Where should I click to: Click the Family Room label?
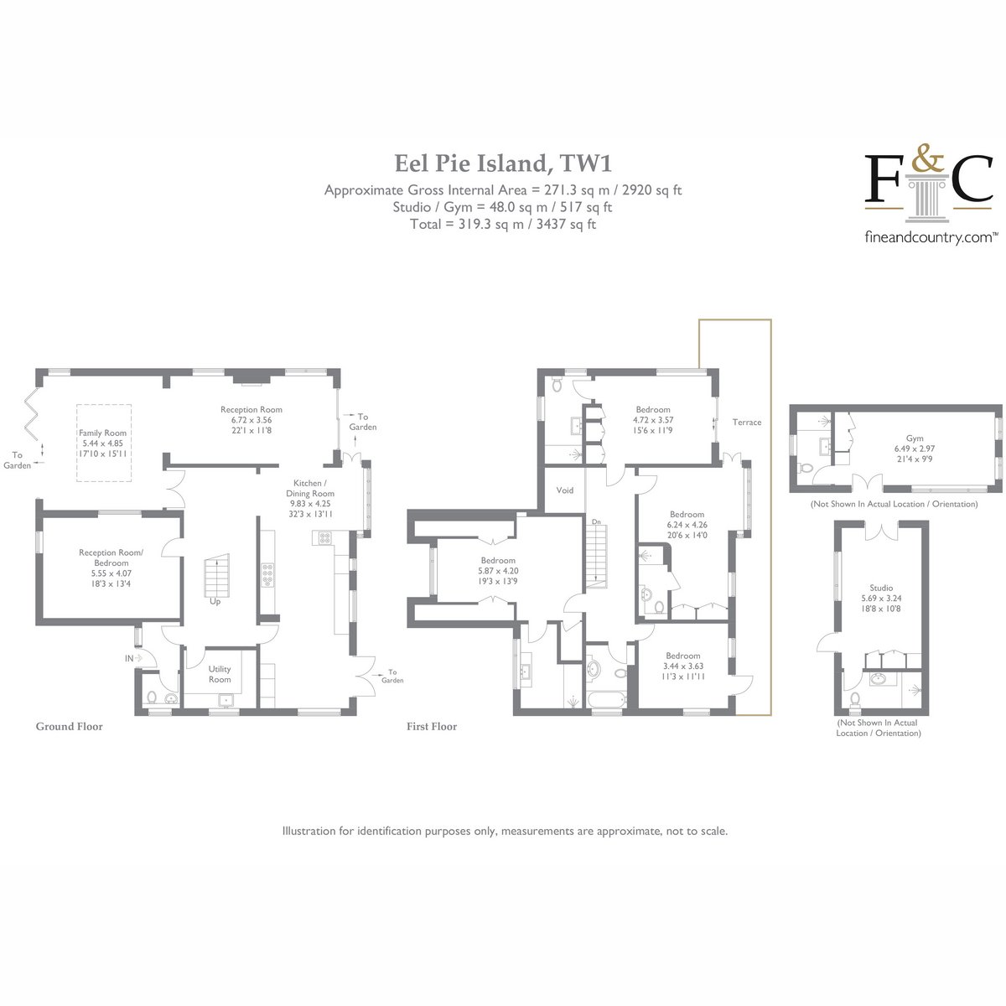click(x=102, y=433)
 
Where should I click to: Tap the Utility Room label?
click(x=220, y=674)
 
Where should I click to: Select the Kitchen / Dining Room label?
click(x=310, y=488)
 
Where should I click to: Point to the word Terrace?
click(x=747, y=423)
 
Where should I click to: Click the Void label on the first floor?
click(x=565, y=490)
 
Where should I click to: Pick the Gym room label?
click(x=915, y=438)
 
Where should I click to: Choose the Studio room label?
click(x=881, y=588)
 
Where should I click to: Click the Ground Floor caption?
click(x=70, y=727)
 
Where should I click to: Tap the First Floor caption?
click(x=432, y=727)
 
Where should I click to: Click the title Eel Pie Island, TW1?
click(x=503, y=163)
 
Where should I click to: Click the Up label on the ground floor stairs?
click(x=215, y=601)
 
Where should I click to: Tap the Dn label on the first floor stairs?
click(x=596, y=521)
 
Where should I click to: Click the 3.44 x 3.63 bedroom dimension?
click(x=683, y=666)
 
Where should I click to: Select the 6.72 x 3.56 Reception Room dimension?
click(x=251, y=420)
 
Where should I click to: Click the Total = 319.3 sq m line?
click(x=503, y=225)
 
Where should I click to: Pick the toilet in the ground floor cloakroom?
click(x=152, y=697)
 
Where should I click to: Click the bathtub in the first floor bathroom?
click(x=606, y=699)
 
